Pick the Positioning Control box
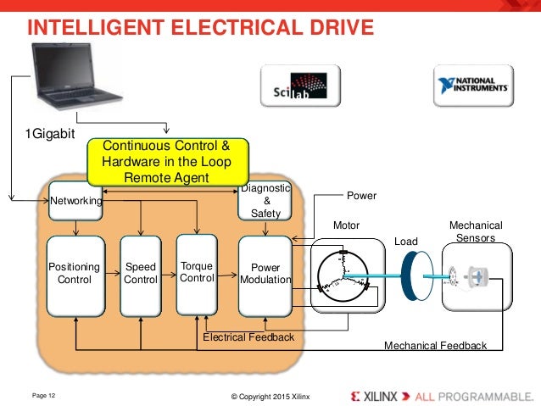click(75, 273)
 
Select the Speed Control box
click(141, 273)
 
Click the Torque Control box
click(197, 272)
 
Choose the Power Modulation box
click(265, 273)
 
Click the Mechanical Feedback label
click(435, 346)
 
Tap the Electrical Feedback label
click(248, 337)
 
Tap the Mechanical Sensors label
click(476, 231)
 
